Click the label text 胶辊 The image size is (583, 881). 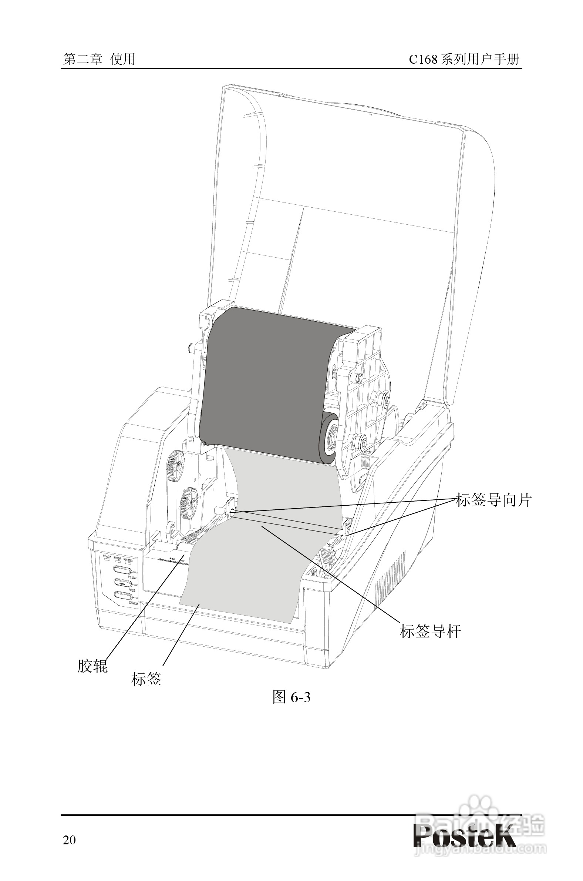92,666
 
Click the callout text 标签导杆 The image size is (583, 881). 430,632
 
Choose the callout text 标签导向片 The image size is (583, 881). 493,500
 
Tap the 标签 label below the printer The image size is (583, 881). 146,679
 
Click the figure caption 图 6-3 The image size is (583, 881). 291,697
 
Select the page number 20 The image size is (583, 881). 69,830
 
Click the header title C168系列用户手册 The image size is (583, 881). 464,59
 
